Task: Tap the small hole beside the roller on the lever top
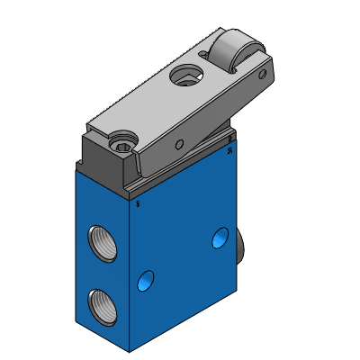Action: pos(202,53)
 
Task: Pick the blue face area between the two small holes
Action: pos(181,261)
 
